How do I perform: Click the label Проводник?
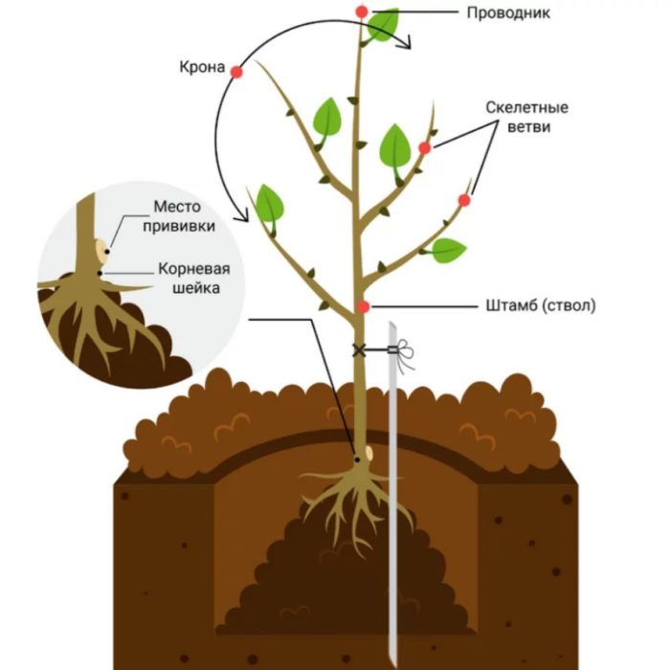(507, 14)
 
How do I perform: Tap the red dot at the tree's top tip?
(361, 11)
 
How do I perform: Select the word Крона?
(201, 69)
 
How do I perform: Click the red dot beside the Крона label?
(236, 72)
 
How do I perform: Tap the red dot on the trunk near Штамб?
(364, 306)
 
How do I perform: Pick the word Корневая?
(182, 269)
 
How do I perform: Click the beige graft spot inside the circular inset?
(101, 251)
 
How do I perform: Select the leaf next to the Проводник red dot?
(384, 24)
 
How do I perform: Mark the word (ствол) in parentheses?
(567, 306)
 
